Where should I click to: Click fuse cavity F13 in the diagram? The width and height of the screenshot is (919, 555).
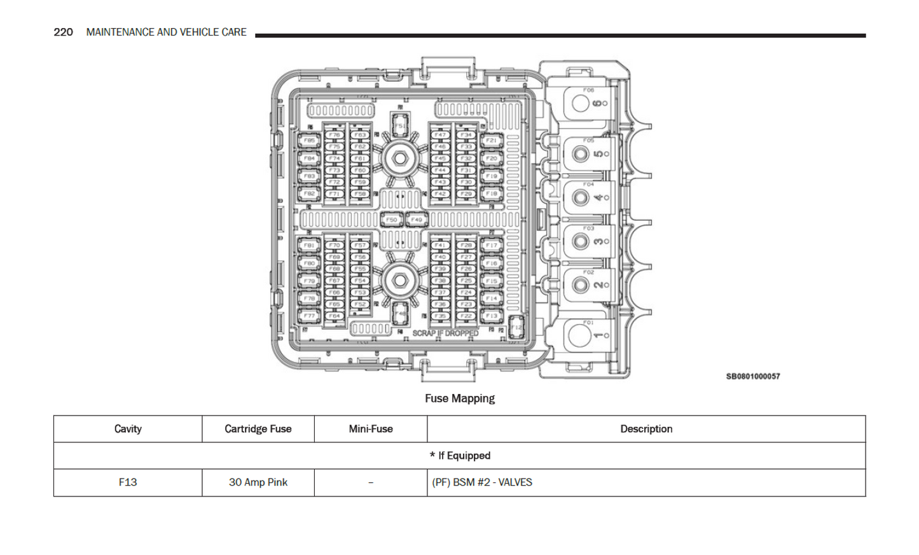(491, 316)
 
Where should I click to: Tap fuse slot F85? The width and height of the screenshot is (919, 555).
(309, 141)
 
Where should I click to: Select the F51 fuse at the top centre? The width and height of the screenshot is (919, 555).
(399, 125)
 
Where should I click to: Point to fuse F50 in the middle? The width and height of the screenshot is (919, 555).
(391, 220)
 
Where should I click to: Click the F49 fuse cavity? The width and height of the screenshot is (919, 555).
(416, 220)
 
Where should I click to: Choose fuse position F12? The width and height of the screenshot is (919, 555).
(516, 327)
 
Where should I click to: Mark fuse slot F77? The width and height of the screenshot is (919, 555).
(309, 316)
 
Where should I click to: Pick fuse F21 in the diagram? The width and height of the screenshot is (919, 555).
(491, 141)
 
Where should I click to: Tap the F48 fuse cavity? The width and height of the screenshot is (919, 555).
(400, 314)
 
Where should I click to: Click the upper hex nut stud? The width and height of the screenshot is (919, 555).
(399, 158)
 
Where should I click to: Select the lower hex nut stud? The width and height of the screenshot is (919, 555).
(399, 280)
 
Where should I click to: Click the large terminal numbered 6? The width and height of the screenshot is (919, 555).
(581, 103)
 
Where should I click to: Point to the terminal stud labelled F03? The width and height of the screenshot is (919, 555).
(580, 241)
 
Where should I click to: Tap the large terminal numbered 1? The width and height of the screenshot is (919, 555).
(580, 335)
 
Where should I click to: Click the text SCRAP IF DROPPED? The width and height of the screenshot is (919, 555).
(445, 333)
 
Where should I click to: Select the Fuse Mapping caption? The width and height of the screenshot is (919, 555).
(459, 398)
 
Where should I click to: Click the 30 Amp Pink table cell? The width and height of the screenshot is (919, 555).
(258, 482)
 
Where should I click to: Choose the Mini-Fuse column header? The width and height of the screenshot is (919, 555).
(370, 429)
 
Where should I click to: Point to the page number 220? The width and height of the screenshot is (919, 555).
(63, 32)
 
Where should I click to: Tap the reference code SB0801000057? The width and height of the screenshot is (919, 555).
(753, 376)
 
